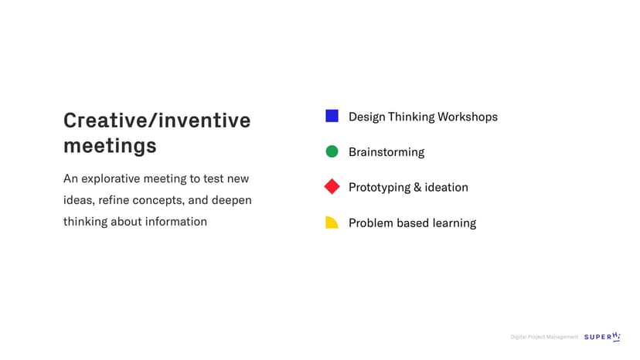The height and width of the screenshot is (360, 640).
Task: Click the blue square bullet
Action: (332, 116)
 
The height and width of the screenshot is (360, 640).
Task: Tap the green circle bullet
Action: (332, 151)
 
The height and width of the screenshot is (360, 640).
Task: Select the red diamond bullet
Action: (332, 186)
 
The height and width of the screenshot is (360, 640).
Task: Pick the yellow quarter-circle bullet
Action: (332, 222)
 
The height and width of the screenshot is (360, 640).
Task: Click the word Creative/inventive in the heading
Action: (157, 121)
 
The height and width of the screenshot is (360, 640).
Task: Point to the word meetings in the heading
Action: (110, 146)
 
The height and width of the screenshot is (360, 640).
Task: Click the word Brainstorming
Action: (386, 152)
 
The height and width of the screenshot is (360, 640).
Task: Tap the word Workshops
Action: (468, 117)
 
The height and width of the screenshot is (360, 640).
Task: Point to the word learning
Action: (454, 222)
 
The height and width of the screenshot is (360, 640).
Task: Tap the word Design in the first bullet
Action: (367, 117)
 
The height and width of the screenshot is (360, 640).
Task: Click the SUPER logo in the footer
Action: (602, 337)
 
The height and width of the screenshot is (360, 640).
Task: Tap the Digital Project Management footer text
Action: (544, 337)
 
